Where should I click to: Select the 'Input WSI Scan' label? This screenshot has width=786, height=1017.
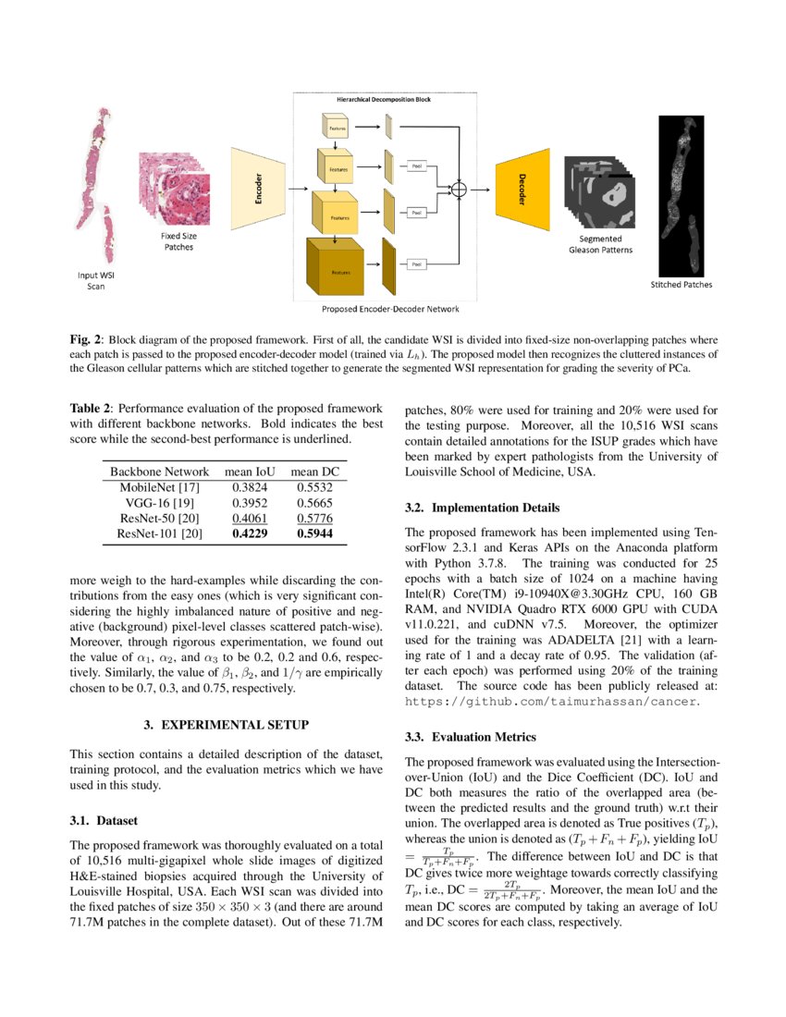tap(90, 280)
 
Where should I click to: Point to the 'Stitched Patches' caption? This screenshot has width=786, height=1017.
tap(682, 285)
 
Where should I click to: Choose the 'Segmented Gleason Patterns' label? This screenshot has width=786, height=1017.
tap(596, 245)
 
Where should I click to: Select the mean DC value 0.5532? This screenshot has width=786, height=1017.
tap(314, 485)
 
